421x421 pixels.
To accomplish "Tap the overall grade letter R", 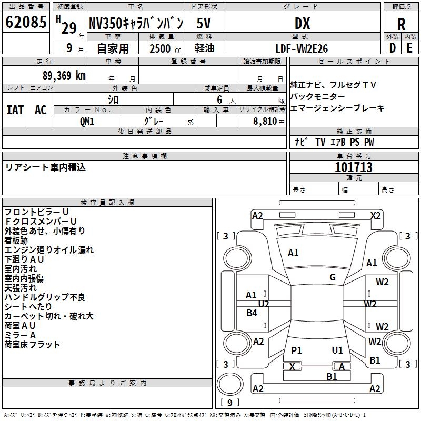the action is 401,24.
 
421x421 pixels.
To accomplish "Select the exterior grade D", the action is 392,48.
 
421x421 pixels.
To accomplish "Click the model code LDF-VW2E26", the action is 302,48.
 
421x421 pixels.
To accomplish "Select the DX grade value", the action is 302,24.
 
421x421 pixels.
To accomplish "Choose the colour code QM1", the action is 87,121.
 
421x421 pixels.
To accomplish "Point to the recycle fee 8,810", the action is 267,121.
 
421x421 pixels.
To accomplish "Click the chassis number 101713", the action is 354,167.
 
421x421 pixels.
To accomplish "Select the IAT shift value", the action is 15,110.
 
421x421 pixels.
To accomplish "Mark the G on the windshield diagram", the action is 333,277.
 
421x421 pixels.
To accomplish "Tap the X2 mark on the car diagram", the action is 376,215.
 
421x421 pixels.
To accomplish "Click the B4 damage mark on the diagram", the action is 252,313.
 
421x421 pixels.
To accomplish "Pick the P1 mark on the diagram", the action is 296,350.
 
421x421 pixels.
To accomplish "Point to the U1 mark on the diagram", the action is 337,350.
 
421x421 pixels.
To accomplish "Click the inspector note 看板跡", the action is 19,240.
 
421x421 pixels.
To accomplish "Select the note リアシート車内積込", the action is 45,167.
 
